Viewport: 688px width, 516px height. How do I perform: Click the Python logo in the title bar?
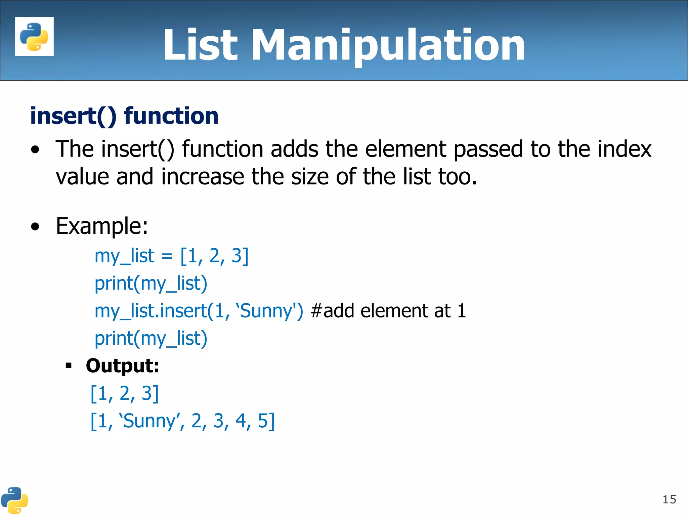[34, 36]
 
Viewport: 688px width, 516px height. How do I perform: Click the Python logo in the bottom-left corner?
[14, 500]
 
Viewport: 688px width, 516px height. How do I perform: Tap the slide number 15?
[669, 500]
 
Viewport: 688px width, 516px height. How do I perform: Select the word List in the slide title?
[200, 45]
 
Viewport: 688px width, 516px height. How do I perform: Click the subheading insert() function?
[124, 116]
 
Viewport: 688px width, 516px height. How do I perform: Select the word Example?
[102, 226]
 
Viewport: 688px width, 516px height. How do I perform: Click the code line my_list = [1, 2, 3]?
[171, 256]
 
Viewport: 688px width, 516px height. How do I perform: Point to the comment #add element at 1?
[388, 311]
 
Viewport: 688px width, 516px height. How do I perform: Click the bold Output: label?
[122, 366]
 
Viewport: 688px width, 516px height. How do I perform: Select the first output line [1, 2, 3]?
[124, 393]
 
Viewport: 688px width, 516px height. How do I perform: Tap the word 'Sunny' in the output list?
[149, 421]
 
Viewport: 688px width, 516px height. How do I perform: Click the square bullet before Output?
[69, 366]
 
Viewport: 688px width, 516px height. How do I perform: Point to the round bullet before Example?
[35, 227]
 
